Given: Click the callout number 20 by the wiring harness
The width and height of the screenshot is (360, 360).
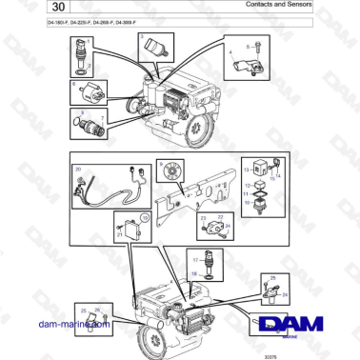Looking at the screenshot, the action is pos(79,170).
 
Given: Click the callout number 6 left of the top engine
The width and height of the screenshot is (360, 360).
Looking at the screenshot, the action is pos(75,84).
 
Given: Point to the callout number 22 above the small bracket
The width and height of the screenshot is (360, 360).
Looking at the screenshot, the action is pos(218,216).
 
